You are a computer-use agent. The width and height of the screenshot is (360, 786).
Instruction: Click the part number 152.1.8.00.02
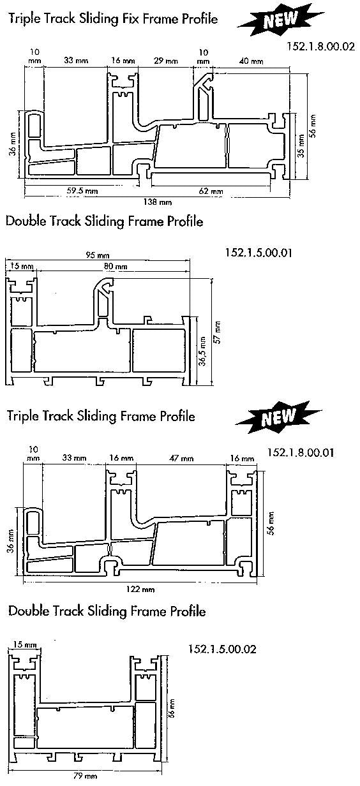tap(321, 47)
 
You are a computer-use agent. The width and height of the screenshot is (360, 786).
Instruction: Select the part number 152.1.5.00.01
tap(259, 253)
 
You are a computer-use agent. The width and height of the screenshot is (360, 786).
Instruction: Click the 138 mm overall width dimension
tap(158, 202)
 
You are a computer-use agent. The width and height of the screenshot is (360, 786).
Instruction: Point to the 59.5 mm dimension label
tap(82, 191)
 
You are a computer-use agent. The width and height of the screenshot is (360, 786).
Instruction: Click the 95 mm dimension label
tap(97, 255)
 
